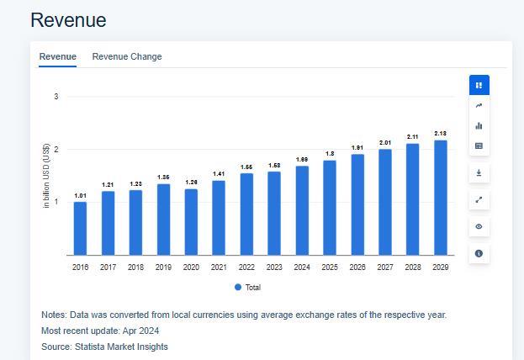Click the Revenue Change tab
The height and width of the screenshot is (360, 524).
click(x=127, y=56)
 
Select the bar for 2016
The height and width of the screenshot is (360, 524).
click(x=80, y=228)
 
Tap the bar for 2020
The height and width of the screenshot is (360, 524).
click(x=191, y=222)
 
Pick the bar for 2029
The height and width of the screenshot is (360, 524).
click(x=440, y=198)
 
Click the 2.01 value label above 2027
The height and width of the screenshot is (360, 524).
click(x=385, y=143)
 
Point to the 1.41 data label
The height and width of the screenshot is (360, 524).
click(x=219, y=174)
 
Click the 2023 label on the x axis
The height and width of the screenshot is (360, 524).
click(x=274, y=267)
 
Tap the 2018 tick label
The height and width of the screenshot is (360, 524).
click(x=135, y=267)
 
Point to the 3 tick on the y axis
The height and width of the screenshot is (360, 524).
click(x=56, y=97)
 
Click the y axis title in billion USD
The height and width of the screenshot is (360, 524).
click(x=46, y=176)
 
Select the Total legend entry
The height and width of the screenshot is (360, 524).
click(x=248, y=287)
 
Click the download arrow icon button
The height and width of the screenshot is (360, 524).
click(x=479, y=172)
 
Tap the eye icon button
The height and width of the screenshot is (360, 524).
click(x=479, y=226)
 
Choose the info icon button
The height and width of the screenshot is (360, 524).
click(x=479, y=253)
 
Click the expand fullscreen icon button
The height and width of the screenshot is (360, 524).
click(x=479, y=199)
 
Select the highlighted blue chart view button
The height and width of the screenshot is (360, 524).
click(x=479, y=85)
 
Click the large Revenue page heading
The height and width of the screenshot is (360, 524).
click(x=68, y=20)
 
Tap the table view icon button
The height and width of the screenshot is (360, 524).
click(x=479, y=146)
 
